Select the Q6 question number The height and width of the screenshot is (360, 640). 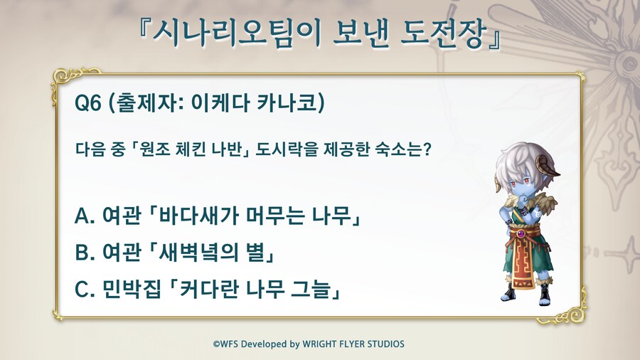pos(87,103)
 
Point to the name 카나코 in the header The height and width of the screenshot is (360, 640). pos(287,102)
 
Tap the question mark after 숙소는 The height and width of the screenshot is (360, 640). pos(426,149)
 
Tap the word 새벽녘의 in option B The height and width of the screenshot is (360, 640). pos(198,252)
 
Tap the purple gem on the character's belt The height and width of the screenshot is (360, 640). pos(521,234)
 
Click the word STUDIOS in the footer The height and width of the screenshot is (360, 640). pos(385,344)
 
